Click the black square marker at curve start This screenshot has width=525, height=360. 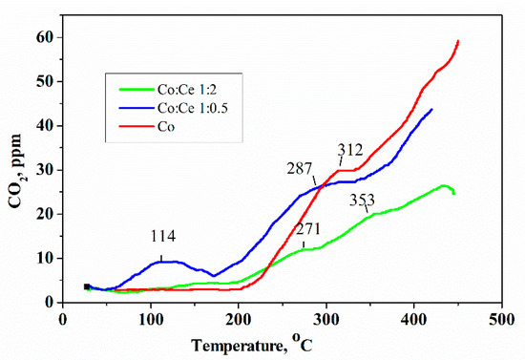tap(87, 286)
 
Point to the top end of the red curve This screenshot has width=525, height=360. tap(458, 41)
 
